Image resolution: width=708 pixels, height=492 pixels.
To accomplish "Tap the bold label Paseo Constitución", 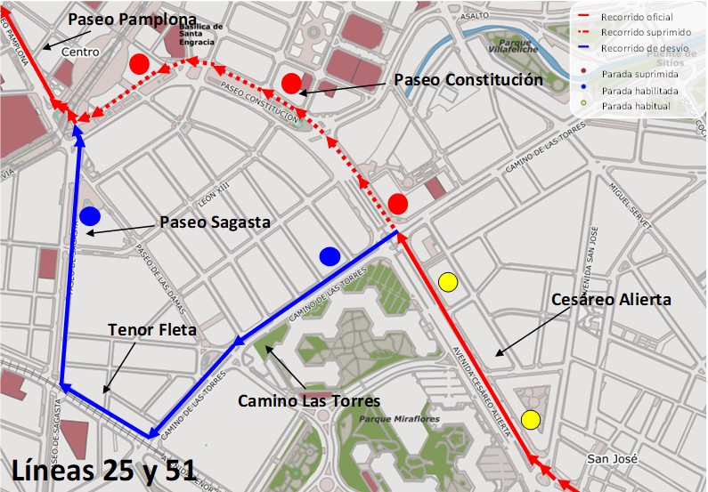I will pyautogui.click(x=468, y=80).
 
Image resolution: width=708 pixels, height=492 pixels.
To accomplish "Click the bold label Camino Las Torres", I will pyautogui.click(x=308, y=401).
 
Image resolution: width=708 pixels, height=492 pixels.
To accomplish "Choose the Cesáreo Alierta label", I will pyautogui.click(x=611, y=300).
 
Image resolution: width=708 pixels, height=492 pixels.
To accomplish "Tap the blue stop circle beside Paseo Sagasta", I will pyautogui.click(x=89, y=216).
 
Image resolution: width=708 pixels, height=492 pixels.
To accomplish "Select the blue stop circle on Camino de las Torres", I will pyautogui.click(x=330, y=256).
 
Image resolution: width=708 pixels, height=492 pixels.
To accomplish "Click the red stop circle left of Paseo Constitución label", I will pyautogui.click(x=291, y=84).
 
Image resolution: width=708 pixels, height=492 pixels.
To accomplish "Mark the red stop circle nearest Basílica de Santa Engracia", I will pyautogui.click(x=138, y=64).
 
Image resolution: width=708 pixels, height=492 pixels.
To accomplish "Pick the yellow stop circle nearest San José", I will pyautogui.click(x=532, y=420).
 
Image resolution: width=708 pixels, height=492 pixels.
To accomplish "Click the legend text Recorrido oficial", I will pyautogui.click(x=637, y=17).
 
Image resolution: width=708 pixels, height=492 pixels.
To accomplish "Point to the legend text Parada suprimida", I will pyautogui.click(x=639, y=74).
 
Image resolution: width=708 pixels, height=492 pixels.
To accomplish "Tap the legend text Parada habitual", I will pyautogui.click(x=636, y=106).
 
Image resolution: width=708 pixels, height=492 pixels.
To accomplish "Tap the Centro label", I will pyautogui.click(x=80, y=52).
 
